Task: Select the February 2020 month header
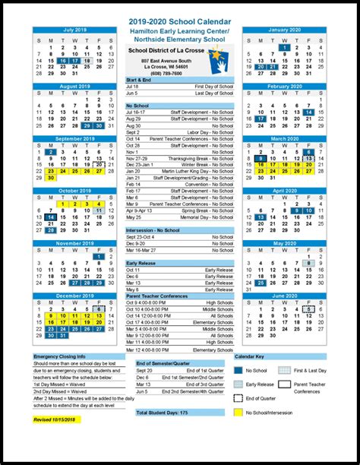(x=284, y=87)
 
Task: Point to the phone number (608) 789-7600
(x=166, y=73)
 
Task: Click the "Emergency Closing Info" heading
(x=60, y=356)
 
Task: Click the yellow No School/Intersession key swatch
(x=241, y=413)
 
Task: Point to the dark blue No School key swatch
(x=241, y=370)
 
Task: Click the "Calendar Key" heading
(x=249, y=356)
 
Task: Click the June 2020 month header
(x=284, y=296)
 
